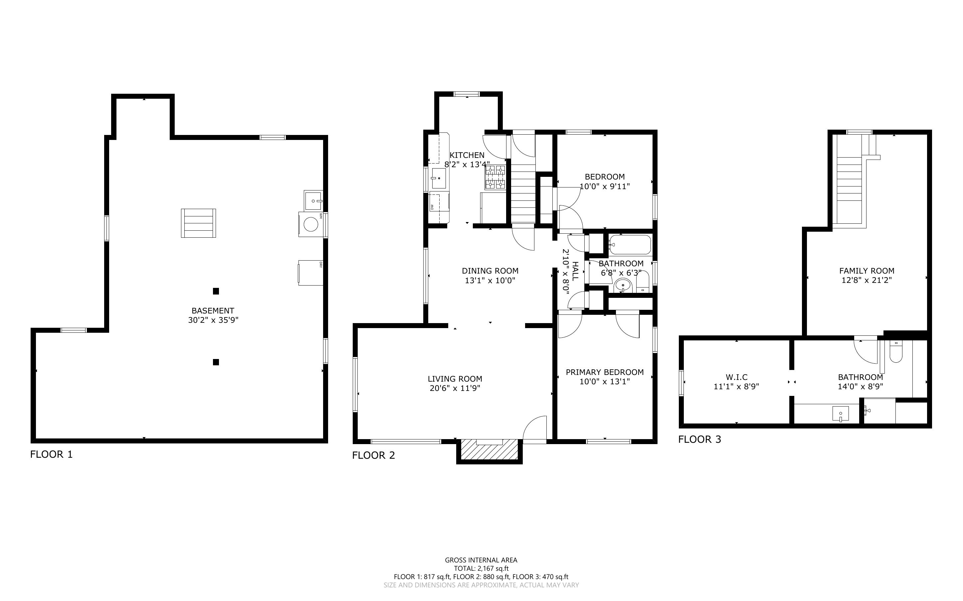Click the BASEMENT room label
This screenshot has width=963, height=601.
pyautogui.click(x=213, y=311)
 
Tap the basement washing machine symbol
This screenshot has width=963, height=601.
pyautogui.click(x=311, y=224)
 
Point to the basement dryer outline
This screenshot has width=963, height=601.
pyautogui.click(x=311, y=273)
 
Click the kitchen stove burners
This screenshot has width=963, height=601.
pyautogui.click(x=495, y=177)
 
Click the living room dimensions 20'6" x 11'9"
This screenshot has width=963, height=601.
pyautogui.click(x=455, y=388)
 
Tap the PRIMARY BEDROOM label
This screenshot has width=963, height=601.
pyautogui.click(x=605, y=372)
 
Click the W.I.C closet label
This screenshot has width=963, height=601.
pyautogui.click(x=736, y=377)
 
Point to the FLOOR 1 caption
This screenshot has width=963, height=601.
pyautogui.click(x=51, y=454)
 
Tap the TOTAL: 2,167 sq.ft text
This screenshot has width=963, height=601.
pyautogui.click(x=481, y=568)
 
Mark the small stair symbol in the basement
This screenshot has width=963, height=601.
pyautogui.click(x=198, y=223)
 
